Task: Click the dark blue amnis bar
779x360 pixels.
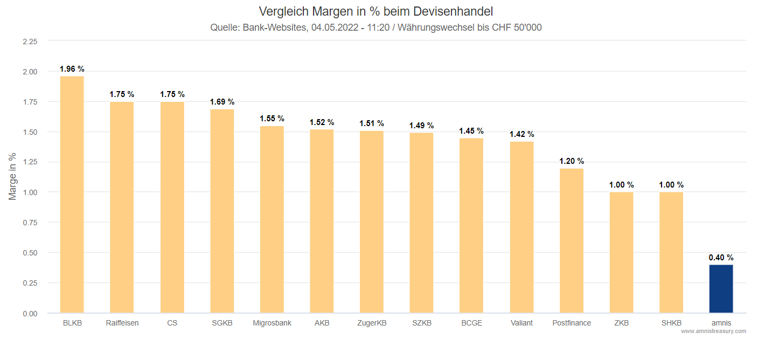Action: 721,288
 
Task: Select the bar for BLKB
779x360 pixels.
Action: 72,194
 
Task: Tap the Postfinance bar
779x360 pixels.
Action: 572,240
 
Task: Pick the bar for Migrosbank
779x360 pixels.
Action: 272,219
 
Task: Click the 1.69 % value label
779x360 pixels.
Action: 222,102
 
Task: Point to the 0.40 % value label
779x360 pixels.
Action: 721,257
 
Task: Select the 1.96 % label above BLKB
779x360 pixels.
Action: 72,69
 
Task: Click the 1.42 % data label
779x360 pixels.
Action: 521,134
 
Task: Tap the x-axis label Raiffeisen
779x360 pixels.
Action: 122,323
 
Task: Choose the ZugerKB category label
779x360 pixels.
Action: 372,323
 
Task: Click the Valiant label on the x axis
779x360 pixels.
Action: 521,323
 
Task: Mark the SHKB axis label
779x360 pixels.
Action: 671,323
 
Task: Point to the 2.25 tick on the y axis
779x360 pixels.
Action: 30,41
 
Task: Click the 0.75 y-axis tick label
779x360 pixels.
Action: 30,223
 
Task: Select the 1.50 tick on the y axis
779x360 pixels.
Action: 30,132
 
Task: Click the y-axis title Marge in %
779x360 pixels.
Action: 13,177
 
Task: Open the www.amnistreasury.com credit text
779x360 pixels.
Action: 713,331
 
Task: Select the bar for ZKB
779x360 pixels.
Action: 621,252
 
